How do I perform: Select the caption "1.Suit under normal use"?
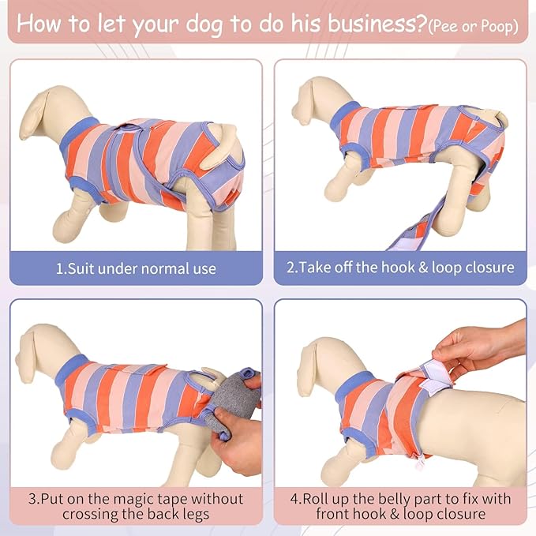pos(136,268)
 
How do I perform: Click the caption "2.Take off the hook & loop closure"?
pos(400,268)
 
